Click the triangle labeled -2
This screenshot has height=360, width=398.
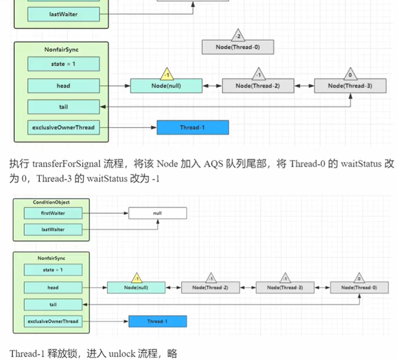pyautogui.click(x=237, y=35)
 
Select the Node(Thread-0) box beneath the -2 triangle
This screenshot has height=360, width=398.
pyautogui.click(x=238, y=47)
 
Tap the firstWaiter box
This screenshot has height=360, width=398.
pyautogui.click(x=53, y=213)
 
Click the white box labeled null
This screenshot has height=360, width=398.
pyautogui.click(x=157, y=213)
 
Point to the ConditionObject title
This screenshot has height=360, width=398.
pyautogui.click(x=51, y=202)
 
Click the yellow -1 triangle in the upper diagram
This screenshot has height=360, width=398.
pyautogui.click(x=166, y=74)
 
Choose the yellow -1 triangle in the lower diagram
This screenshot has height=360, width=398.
pyautogui.click(x=136, y=278)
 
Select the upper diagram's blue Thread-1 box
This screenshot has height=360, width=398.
pyautogui.click(x=193, y=127)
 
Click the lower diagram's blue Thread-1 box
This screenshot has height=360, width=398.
pyautogui.click(x=157, y=321)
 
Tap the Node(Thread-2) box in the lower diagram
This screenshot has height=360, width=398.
pyautogui.click(x=210, y=288)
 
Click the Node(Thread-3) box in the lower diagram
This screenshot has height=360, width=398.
pyautogui.click(x=285, y=288)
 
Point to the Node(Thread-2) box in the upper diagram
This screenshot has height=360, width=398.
pyautogui.click(x=258, y=86)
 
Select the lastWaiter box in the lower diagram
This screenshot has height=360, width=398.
pyautogui.click(x=53, y=229)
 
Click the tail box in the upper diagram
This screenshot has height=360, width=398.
pyautogui.click(x=63, y=107)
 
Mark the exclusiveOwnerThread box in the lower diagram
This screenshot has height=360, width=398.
pyautogui.click(x=53, y=321)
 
